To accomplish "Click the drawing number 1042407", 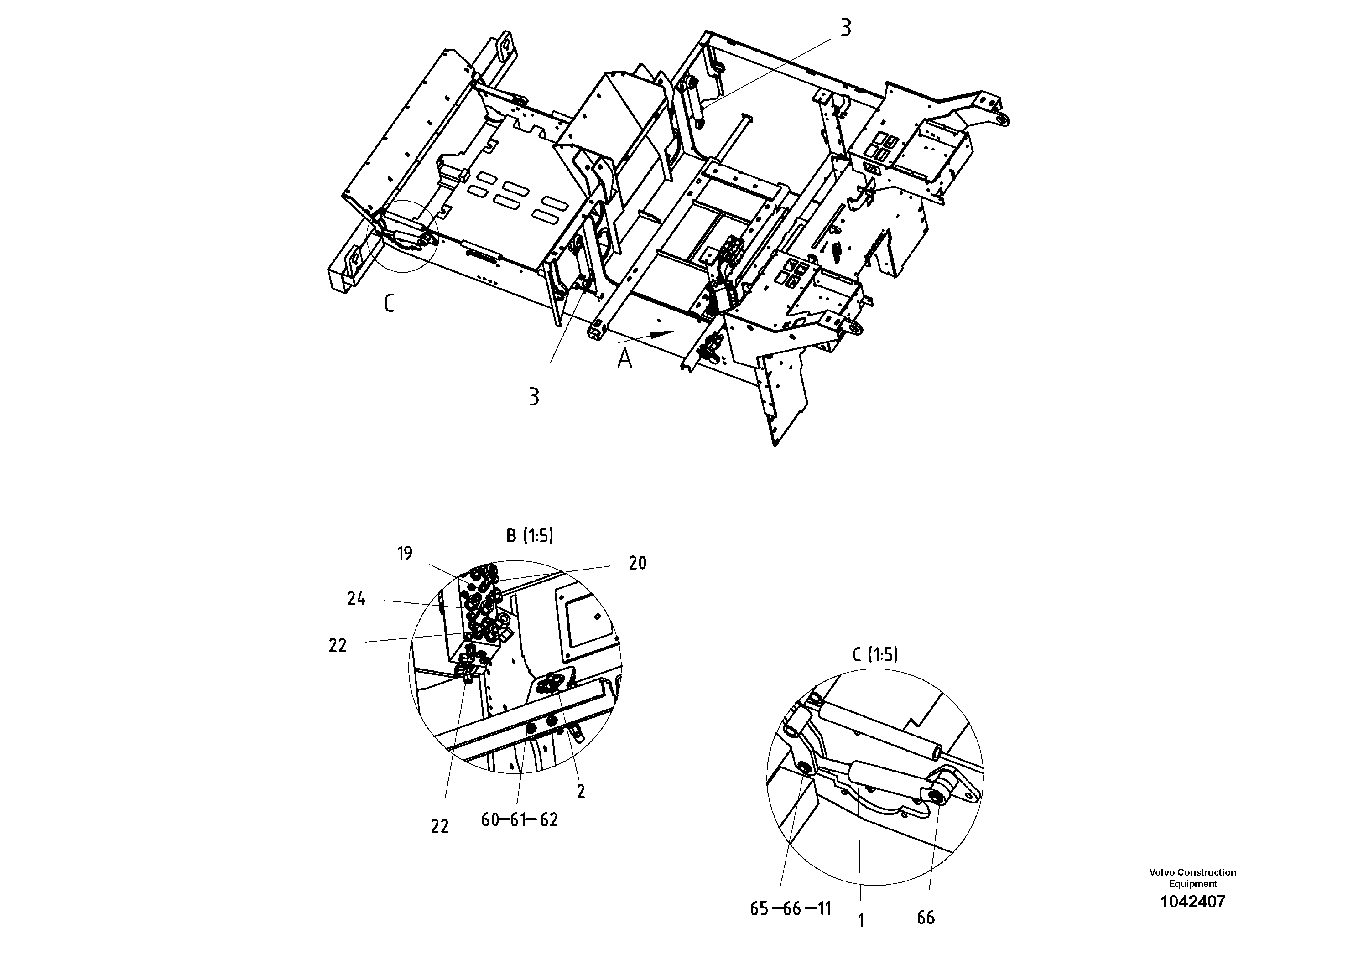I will click(x=1192, y=902).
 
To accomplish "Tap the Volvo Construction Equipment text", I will click(x=1192, y=877).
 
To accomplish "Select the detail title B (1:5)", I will click(x=529, y=536).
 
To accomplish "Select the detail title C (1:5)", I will click(x=875, y=654).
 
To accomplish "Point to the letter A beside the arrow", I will click(x=624, y=358).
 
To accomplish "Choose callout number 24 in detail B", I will click(x=356, y=599).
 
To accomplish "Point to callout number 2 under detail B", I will click(x=581, y=792).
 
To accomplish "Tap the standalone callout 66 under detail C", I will click(x=926, y=918).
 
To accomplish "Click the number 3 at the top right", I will click(x=846, y=28).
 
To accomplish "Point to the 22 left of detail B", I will click(x=338, y=646).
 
